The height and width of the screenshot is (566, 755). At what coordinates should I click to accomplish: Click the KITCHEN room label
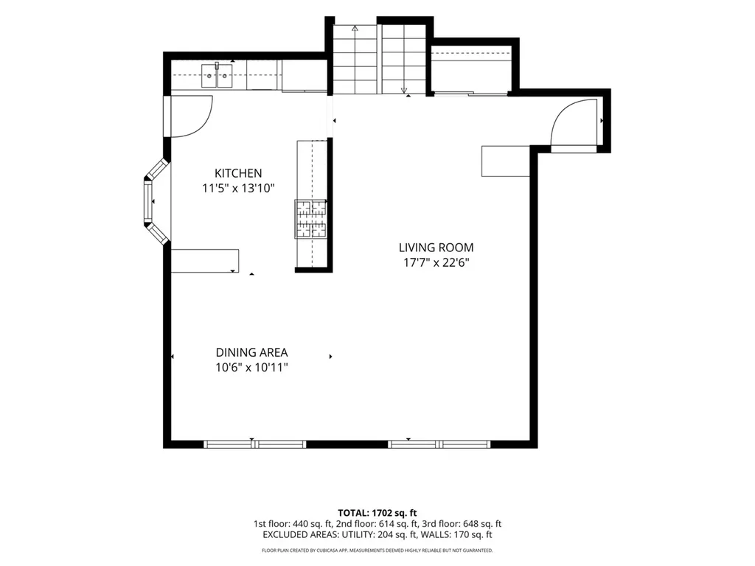(238, 173)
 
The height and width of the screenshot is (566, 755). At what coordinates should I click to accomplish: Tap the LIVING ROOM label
(436, 248)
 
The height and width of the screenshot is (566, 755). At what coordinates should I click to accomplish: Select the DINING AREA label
(251, 352)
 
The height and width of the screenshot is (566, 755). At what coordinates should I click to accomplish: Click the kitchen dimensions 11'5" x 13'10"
(238, 188)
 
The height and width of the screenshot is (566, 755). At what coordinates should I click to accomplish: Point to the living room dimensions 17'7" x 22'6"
(436, 263)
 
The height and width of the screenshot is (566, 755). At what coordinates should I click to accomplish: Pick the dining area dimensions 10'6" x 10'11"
(251, 368)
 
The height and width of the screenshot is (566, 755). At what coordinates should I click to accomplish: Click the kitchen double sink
(217, 76)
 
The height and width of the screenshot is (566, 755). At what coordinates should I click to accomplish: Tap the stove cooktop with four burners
(310, 219)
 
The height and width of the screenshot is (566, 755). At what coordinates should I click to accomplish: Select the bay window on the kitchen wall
(155, 201)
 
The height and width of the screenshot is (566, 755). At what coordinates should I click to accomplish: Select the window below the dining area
(254, 444)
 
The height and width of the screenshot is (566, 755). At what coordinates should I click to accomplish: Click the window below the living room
(439, 444)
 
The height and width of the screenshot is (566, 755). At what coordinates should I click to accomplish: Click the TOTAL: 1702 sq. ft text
(377, 513)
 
